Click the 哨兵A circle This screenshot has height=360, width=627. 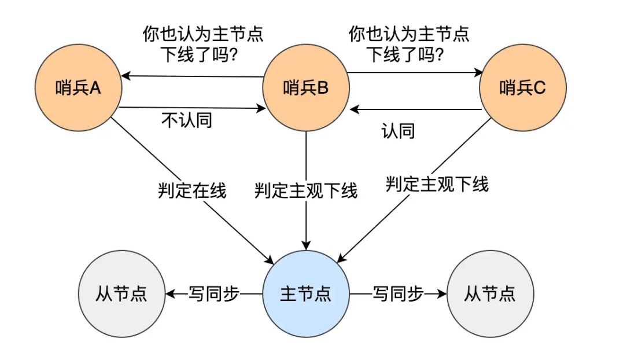click(x=78, y=88)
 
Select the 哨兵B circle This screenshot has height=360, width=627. click(x=306, y=88)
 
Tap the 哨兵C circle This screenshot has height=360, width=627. click(x=523, y=88)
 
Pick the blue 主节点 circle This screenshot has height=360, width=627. click(x=306, y=294)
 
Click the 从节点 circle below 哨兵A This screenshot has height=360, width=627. click(x=121, y=294)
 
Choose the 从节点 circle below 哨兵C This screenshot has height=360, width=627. click(x=490, y=294)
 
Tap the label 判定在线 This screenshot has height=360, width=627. click(x=192, y=190)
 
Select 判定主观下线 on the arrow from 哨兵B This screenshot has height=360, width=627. click(x=306, y=190)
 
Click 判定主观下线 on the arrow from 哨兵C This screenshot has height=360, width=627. click(x=437, y=185)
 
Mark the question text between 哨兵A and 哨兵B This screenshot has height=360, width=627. click(x=202, y=45)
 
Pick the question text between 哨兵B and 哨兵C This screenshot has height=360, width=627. click(x=408, y=45)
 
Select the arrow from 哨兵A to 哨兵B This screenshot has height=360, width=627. click(x=191, y=107)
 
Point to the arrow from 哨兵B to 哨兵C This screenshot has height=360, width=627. click(x=414, y=73)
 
